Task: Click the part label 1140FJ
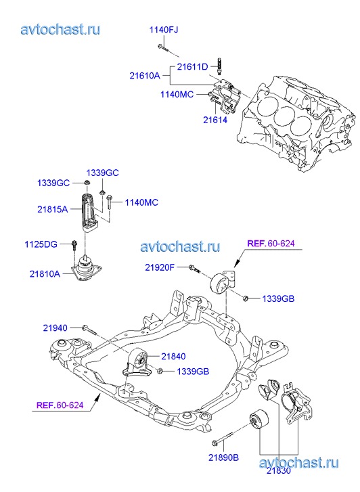coord(164,30)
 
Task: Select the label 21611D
coord(192,67)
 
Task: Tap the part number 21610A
coord(145,76)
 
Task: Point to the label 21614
coord(215,120)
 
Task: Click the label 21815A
coord(52,209)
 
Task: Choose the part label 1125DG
coord(41,244)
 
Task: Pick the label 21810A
coord(45,274)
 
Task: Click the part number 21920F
coord(160,267)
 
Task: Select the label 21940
coord(55,328)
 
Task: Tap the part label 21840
coord(173,357)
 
